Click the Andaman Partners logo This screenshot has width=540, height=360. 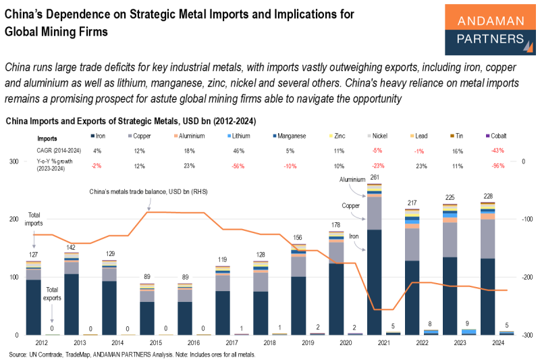(x=490, y=30)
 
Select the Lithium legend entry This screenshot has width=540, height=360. (x=239, y=136)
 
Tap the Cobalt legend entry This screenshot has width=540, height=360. (x=496, y=136)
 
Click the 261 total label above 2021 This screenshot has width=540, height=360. (x=375, y=178)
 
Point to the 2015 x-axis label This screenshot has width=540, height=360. (x=156, y=342)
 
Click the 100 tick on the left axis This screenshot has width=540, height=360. (x=13, y=277)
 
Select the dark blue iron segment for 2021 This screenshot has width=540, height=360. (x=375, y=282)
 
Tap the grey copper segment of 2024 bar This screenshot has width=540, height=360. (x=487, y=238)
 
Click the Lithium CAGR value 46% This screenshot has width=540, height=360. (x=239, y=151)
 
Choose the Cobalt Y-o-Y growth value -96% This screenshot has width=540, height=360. (x=498, y=165)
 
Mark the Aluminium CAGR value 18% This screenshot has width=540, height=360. (x=190, y=151)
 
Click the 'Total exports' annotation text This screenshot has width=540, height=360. (x=52, y=294)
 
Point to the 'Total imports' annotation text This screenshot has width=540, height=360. (x=34, y=219)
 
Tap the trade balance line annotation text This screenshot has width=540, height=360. (x=148, y=192)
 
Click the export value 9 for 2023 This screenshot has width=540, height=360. (x=467, y=324)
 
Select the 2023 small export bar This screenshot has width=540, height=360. (x=468, y=332)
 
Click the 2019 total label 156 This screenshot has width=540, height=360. (x=298, y=237)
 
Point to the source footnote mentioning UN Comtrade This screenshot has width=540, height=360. (x=132, y=355)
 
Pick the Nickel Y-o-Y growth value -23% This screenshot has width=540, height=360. (x=379, y=165)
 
